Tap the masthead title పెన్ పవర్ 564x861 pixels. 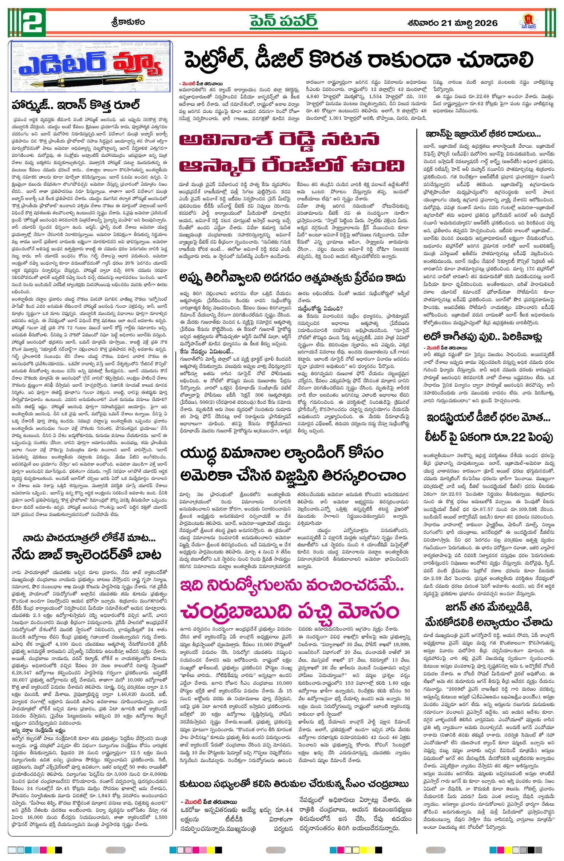point(283,21)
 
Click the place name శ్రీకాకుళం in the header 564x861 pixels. point(128,22)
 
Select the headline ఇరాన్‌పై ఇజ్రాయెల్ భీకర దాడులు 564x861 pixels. point(483,134)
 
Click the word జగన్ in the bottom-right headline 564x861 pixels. point(457,607)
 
